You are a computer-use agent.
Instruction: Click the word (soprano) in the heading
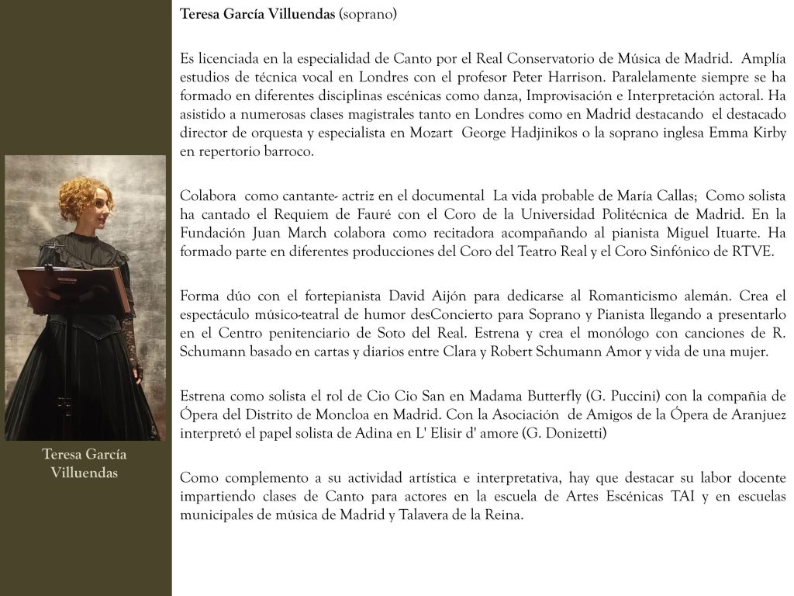368,15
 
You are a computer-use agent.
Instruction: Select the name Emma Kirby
747,133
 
